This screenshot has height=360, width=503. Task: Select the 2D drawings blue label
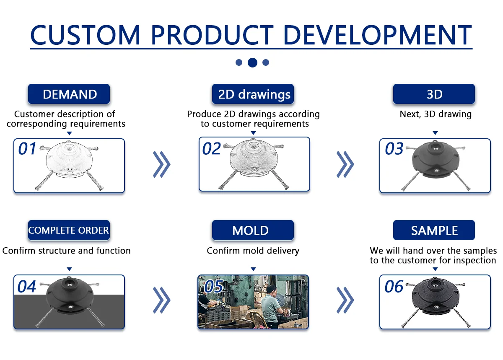click(x=253, y=94)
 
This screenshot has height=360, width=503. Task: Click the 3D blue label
click(x=434, y=94)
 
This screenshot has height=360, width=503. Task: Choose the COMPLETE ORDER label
click(x=69, y=230)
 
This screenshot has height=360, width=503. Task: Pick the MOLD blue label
click(x=253, y=230)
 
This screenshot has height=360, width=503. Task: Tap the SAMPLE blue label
click(x=434, y=230)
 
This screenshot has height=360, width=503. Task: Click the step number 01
click(x=27, y=148)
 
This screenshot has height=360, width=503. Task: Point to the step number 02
click(x=212, y=148)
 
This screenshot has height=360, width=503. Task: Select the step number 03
click(x=394, y=148)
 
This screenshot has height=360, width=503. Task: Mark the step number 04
click(x=27, y=286)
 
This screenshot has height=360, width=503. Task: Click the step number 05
click(x=213, y=286)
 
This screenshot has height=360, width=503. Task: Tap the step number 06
click(x=394, y=286)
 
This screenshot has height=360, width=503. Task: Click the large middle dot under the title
click(x=252, y=62)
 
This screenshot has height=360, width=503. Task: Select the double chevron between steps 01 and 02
click(x=162, y=164)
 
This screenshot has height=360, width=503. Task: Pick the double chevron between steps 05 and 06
click(x=345, y=300)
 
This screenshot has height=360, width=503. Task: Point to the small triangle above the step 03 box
click(x=435, y=133)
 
